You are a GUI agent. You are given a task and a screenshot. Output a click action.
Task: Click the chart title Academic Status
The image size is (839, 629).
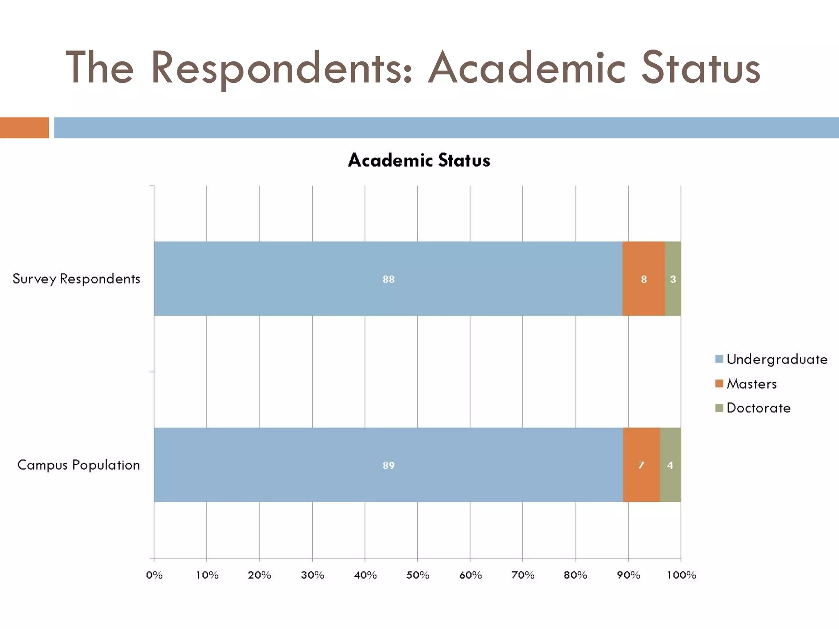point(419,160)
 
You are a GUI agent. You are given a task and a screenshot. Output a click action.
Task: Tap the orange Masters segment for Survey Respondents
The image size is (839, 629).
point(644,278)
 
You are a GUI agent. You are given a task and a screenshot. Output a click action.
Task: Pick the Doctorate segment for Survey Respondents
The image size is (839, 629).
point(673,278)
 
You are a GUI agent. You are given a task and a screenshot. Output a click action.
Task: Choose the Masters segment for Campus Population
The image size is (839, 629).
point(641,465)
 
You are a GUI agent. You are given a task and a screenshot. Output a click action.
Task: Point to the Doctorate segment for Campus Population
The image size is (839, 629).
point(670,465)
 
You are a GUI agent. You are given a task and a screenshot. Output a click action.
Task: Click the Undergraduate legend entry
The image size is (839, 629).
point(771,359)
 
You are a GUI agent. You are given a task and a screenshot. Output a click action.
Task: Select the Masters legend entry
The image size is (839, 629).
point(746,384)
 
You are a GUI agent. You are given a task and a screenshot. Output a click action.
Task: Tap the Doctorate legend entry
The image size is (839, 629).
point(753,408)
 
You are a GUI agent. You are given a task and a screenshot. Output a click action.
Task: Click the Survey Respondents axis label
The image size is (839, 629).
point(77,279)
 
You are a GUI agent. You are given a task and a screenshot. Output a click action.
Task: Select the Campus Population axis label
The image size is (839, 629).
point(79,465)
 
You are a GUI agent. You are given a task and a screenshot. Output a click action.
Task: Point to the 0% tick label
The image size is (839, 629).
point(154,575)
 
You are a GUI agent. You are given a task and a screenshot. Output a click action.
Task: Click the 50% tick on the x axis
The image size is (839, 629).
point(417,575)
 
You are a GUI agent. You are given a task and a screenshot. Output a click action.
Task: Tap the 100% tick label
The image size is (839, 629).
point(681,575)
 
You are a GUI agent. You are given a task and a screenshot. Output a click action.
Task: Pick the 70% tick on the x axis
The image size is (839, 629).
point(523,575)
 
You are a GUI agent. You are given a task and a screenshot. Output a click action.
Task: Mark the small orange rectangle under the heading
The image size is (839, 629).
point(24,127)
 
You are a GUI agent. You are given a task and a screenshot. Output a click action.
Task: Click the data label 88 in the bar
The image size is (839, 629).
point(388,279)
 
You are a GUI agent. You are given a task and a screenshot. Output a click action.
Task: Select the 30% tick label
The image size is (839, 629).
point(312,575)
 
